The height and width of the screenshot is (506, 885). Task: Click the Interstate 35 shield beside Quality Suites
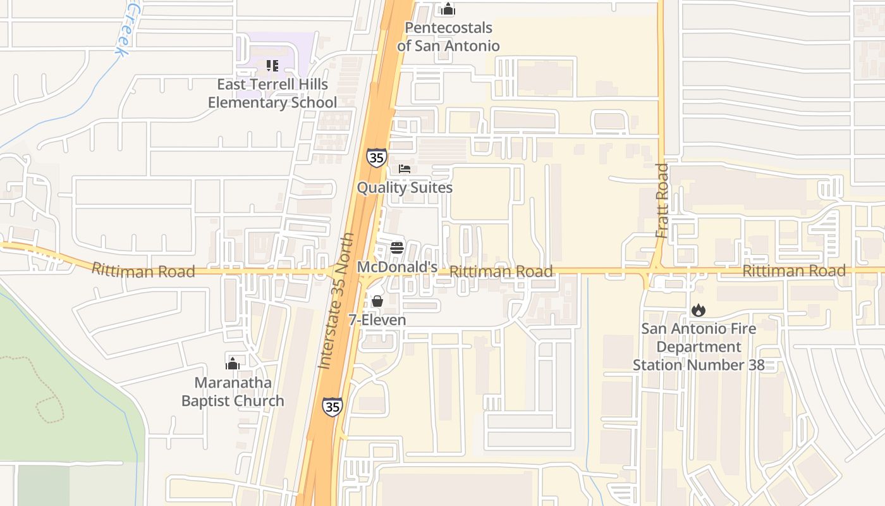(376, 157)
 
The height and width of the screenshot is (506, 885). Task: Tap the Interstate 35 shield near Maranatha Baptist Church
(333, 406)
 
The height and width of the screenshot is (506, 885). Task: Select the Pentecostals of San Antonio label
(448, 37)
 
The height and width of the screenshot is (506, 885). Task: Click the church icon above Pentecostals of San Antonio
(448, 9)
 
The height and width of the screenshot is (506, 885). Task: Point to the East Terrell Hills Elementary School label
(272, 93)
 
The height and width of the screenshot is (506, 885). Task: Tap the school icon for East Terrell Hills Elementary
(272, 65)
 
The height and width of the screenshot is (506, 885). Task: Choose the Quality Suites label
(405, 188)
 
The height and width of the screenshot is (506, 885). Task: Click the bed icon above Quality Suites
(405, 169)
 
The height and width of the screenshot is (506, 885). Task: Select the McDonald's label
(397, 267)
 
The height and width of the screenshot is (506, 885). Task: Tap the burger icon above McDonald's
(397, 247)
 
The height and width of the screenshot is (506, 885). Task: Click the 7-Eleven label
(377, 320)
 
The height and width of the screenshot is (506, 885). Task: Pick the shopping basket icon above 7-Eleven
(377, 301)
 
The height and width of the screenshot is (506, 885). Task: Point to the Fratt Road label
(662, 201)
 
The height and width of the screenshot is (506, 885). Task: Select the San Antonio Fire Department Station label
(699, 347)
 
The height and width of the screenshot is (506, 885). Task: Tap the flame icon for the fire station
(699, 310)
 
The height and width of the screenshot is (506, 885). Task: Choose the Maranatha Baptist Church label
(233, 392)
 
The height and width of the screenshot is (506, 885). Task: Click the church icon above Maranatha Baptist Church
(233, 363)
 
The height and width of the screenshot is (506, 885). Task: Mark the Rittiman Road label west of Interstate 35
(143, 271)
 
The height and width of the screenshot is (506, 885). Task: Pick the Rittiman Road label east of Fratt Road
(794, 271)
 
